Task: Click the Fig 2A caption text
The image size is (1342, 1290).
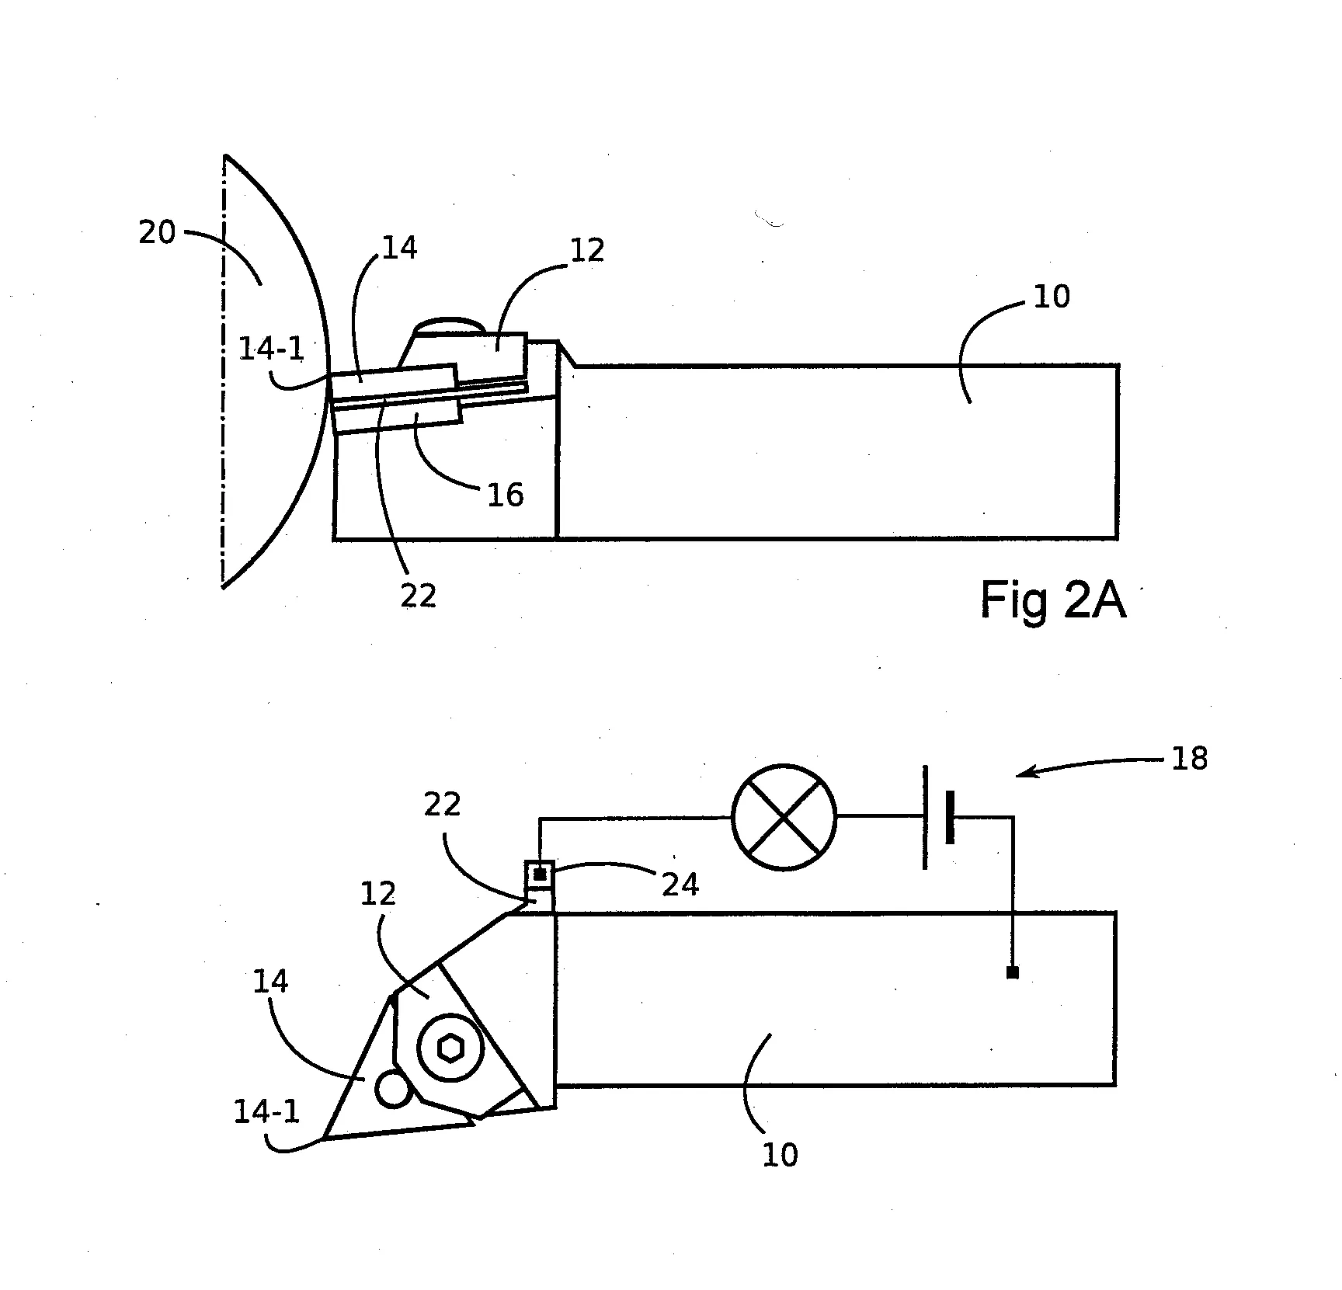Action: (1052, 600)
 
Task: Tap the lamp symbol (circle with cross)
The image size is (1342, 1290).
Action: (784, 817)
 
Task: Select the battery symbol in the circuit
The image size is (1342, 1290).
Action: (937, 817)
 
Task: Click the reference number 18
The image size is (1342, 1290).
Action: (1189, 759)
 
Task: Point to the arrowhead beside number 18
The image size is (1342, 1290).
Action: (1027, 773)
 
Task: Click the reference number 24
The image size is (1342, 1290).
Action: (680, 885)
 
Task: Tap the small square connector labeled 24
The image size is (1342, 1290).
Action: (540, 874)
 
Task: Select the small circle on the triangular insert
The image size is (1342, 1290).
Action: (393, 1088)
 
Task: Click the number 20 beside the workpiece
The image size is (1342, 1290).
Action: (158, 232)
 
